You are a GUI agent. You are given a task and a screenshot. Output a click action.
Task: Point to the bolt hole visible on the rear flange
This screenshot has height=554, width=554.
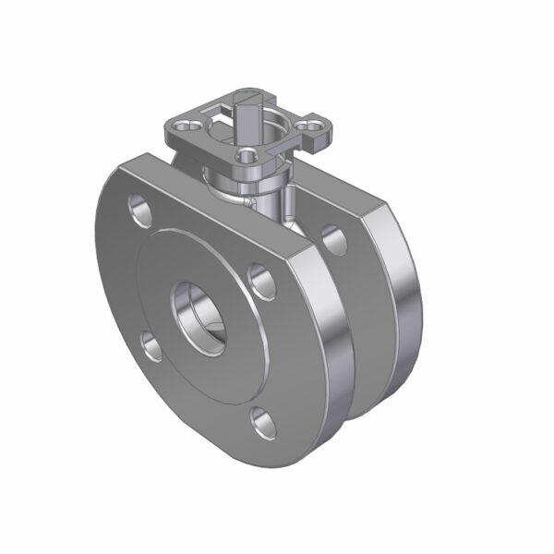pos(334,240)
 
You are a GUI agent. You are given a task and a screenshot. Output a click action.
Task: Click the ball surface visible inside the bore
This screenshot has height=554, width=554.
pos(212,323)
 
